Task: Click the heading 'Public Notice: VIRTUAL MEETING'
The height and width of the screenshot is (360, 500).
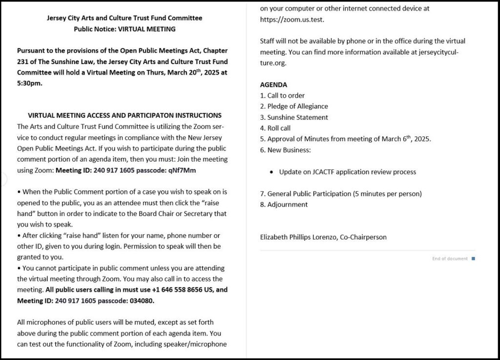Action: click(125, 29)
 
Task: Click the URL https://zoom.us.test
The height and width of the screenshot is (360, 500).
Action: click(292, 20)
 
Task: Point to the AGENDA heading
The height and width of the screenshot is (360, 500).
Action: click(273, 85)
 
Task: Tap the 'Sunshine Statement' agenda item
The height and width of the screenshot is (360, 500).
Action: click(297, 118)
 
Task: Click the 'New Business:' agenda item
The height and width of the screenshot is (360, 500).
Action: click(289, 150)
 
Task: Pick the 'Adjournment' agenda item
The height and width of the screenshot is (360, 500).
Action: click(287, 205)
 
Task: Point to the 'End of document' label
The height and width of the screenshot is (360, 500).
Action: click(450, 259)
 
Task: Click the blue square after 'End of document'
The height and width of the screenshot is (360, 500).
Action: click(473, 259)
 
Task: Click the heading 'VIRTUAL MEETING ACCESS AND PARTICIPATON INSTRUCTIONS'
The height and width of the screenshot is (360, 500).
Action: click(125, 116)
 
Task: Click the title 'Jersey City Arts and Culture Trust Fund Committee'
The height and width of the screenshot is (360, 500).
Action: click(125, 18)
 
